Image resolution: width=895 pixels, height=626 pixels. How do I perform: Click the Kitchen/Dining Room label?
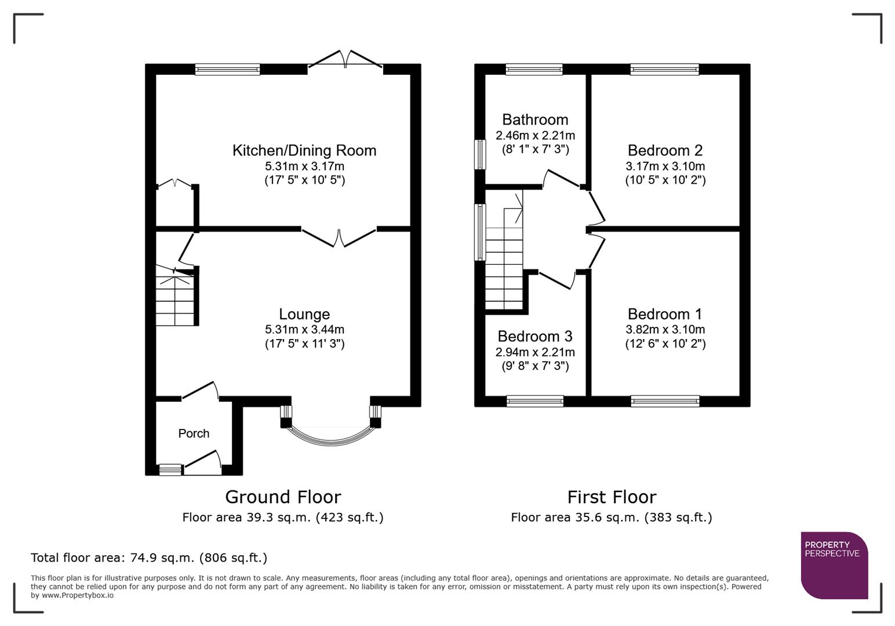(x=304, y=151)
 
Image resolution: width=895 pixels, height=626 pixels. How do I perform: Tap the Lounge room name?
(x=304, y=314)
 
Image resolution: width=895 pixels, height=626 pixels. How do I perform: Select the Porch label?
(x=194, y=434)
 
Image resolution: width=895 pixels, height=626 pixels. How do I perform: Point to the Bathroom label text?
(x=535, y=120)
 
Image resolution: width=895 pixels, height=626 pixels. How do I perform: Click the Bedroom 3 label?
(x=535, y=337)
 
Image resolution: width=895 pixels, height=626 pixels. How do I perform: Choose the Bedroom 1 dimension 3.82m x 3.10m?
(x=665, y=329)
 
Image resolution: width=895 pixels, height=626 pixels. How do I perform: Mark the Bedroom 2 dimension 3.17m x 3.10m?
(x=665, y=166)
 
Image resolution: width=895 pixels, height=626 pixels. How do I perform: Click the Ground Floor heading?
(x=283, y=497)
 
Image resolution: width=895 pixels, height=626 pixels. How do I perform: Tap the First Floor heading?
(x=612, y=497)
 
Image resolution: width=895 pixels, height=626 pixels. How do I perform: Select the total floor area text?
(x=149, y=558)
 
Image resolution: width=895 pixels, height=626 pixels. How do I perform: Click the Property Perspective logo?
(x=834, y=565)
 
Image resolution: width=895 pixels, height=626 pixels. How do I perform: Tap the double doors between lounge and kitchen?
(x=339, y=238)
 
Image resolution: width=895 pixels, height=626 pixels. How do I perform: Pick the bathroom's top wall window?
(x=534, y=70)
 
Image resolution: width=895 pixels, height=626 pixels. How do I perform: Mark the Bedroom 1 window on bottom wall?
(x=665, y=401)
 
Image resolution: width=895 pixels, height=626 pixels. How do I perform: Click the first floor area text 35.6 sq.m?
(x=612, y=517)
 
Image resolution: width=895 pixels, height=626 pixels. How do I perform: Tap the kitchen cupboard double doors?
(x=175, y=185)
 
